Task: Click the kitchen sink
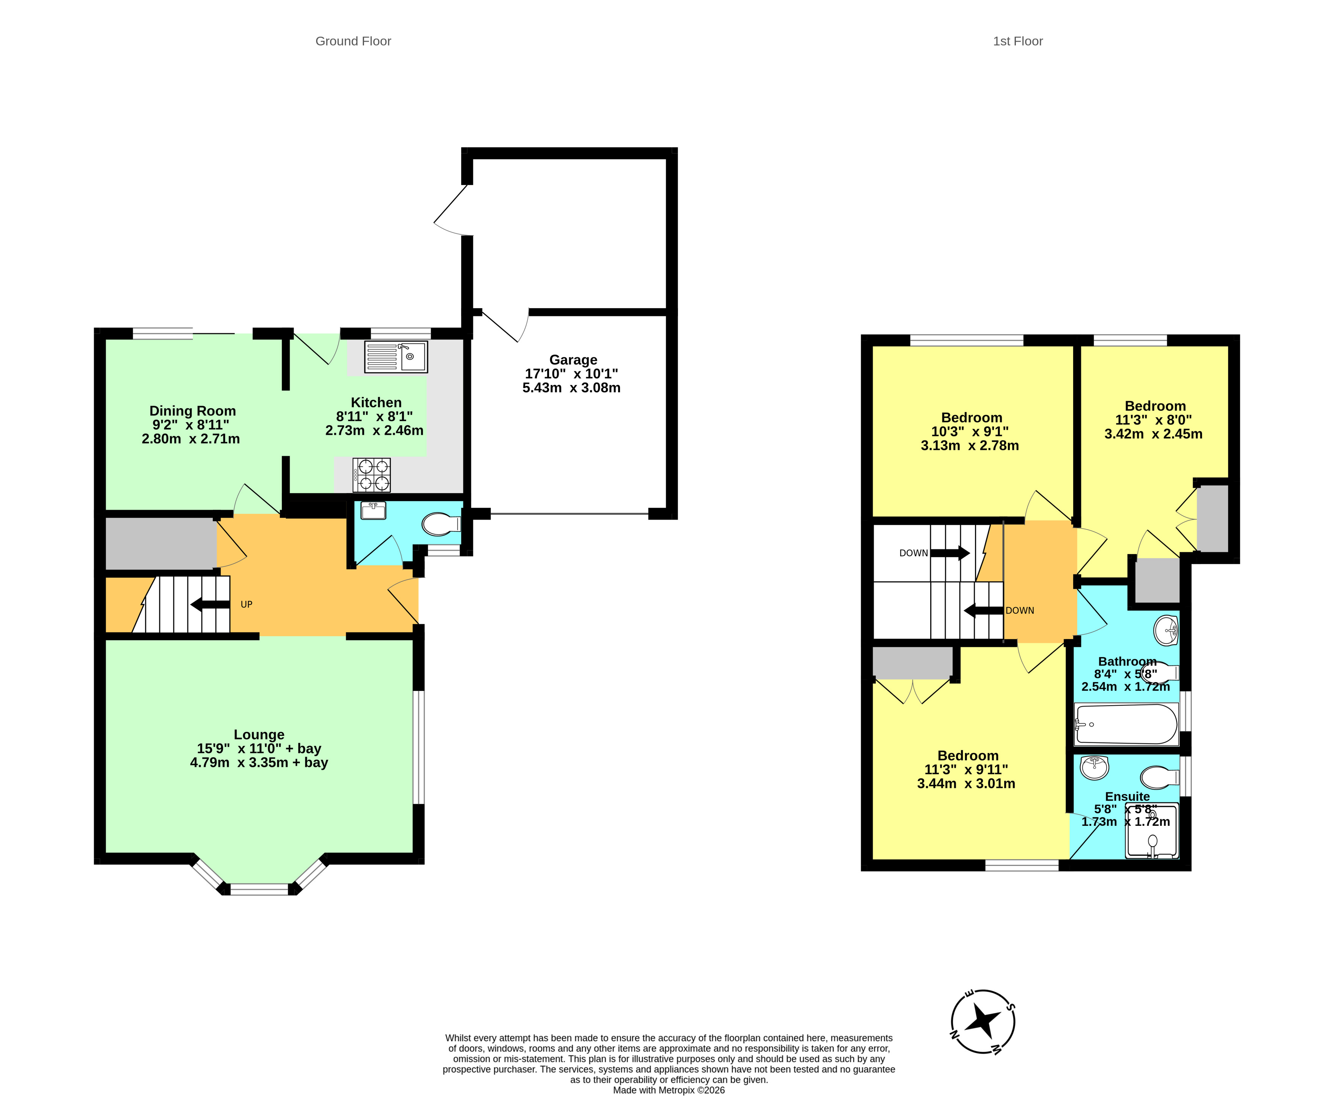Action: [x=395, y=356]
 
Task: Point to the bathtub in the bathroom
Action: [x=1126, y=724]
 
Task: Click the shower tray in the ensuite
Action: [x=1152, y=830]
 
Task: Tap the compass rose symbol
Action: [x=983, y=1021]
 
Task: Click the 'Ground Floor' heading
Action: [x=353, y=41]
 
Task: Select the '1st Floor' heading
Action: [x=1017, y=41]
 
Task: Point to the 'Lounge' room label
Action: [x=259, y=734]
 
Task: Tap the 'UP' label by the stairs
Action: [x=246, y=604]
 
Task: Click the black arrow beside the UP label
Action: [x=210, y=604]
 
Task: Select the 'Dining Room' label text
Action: [x=193, y=410]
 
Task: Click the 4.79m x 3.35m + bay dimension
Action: [x=259, y=762]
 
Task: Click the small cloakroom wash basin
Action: [x=374, y=510]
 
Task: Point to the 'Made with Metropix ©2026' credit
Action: [x=669, y=1090]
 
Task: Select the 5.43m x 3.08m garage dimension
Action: [x=571, y=388]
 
